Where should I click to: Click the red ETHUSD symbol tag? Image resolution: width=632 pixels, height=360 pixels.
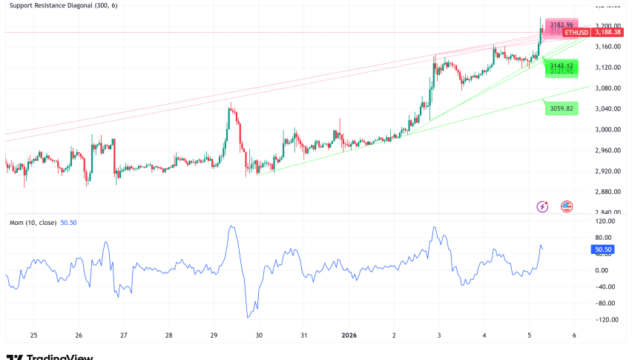pos(576,33)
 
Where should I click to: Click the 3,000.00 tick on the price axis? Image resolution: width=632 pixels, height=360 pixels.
pos(608,129)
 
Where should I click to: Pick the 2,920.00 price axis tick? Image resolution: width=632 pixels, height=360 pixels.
pos(608,171)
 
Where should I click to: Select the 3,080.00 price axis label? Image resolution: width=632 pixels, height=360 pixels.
pos(608,88)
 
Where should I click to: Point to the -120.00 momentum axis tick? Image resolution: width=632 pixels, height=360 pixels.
pos(608,320)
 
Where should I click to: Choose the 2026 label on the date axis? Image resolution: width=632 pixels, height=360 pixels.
pos(348,336)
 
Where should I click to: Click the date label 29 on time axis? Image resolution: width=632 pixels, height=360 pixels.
pos(214,336)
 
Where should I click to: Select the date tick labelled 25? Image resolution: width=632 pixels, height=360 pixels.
pos(33,336)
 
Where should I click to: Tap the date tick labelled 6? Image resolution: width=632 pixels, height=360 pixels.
pos(574,336)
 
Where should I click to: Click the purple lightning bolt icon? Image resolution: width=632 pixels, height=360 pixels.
pos(542,206)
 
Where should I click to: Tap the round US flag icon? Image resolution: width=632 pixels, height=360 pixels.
pos(567,206)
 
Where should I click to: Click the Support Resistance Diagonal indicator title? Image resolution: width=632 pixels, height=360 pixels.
pos(63,6)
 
